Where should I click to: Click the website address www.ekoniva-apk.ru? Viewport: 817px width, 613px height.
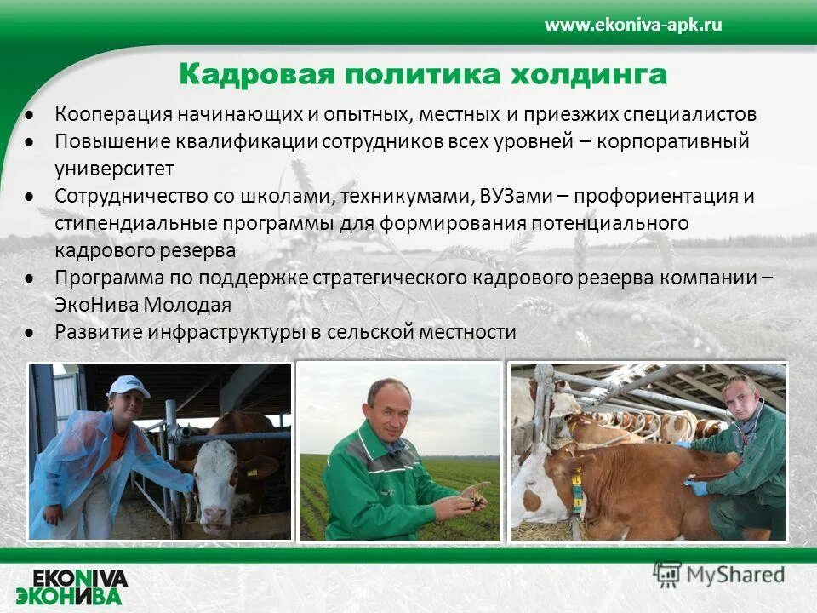click(633, 25)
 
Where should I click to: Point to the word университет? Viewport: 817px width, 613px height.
click(114, 169)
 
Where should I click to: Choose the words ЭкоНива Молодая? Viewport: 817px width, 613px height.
click(143, 305)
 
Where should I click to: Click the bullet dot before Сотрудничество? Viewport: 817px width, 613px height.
click(30, 197)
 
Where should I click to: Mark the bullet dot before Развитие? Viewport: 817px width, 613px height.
click(30, 332)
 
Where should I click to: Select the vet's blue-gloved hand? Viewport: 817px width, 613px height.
click(697, 488)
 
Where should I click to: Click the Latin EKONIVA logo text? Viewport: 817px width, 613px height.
click(82, 578)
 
